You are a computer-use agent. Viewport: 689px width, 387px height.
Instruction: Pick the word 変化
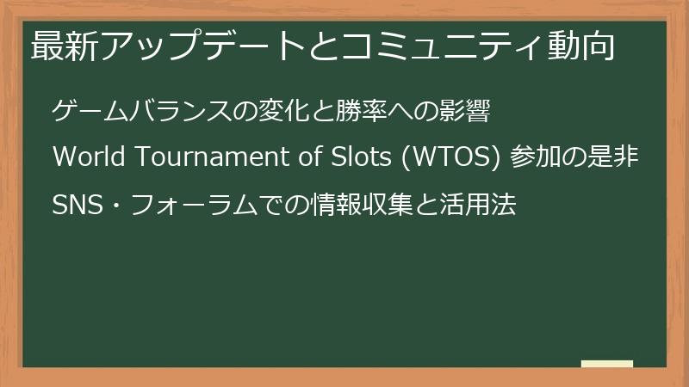(284, 112)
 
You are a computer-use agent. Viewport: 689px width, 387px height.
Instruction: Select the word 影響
(472, 112)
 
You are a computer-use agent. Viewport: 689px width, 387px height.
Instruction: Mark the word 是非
(615, 158)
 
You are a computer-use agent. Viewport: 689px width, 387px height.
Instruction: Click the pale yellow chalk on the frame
(607, 364)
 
